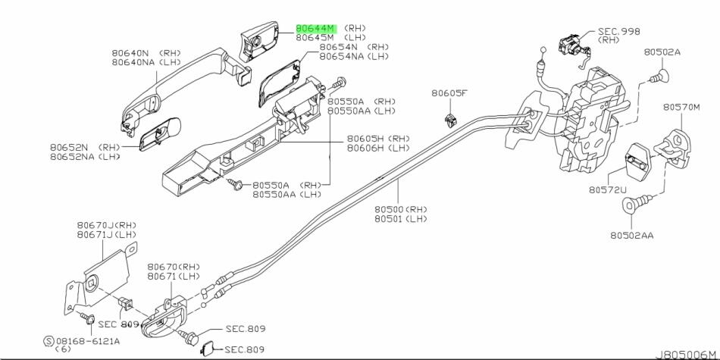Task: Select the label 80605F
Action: click(450, 93)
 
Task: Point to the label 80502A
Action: click(662, 52)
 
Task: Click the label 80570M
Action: click(681, 107)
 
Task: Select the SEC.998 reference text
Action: click(619, 31)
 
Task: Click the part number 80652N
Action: click(70, 147)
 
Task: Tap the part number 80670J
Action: click(95, 226)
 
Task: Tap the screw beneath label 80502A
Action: click(660, 76)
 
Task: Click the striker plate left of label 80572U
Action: click(635, 161)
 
